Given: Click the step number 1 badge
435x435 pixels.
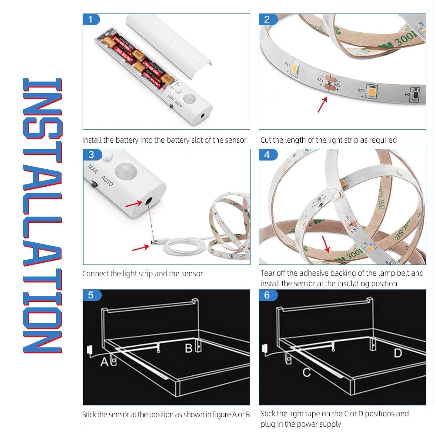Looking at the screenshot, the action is (x=91, y=20).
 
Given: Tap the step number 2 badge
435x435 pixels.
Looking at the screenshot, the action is (x=268, y=20).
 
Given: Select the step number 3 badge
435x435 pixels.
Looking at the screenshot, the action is (x=91, y=154).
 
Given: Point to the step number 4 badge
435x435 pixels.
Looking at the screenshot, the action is (x=268, y=154).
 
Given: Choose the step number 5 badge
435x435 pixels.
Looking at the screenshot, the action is (x=91, y=295).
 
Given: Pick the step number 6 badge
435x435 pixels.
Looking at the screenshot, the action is (x=268, y=295).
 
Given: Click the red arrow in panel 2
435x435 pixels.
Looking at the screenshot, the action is (x=322, y=104).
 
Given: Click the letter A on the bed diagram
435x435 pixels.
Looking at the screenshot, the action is (x=104, y=362).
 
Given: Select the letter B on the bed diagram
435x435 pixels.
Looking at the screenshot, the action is (x=189, y=348).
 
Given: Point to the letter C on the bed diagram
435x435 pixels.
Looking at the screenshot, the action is (x=307, y=373).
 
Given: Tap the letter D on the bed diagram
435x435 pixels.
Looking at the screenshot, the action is (x=398, y=353).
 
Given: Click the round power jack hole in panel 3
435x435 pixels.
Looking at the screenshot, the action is (x=148, y=201).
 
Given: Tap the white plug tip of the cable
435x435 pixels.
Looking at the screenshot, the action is (x=153, y=242).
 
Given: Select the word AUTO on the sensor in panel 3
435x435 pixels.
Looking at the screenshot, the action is (x=107, y=181).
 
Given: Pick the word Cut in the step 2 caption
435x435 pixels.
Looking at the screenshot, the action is (x=266, y=140).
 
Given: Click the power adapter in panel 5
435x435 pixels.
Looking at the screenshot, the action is (x=90, y=350).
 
